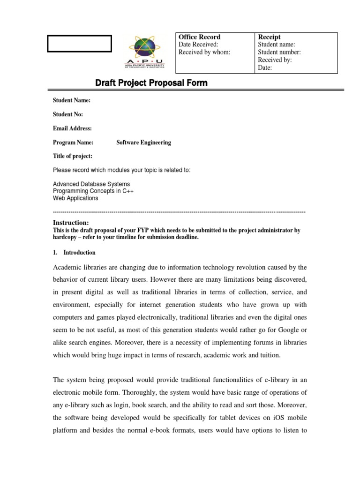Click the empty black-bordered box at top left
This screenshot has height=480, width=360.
point(79,44)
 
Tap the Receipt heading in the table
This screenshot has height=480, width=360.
point(270,37)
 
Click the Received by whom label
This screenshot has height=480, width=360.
point(204,52)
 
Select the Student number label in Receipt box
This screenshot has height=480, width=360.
point(279,52)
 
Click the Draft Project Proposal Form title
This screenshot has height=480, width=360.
point(151,83)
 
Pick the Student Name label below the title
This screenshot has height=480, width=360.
point(72,101)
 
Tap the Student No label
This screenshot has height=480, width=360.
point(68,114)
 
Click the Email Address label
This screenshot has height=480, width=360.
point(72,128)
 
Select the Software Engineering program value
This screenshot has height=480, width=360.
point(143,142)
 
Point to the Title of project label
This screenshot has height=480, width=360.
point(73,156)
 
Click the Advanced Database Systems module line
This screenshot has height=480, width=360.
point(91,184)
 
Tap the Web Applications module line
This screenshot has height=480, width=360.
point(75,198)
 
